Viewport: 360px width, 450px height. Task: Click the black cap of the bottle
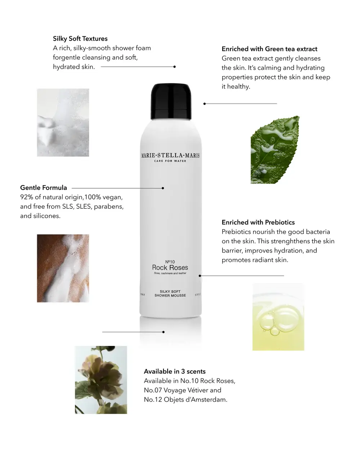pos(170,97)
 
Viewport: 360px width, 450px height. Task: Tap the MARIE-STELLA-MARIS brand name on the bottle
pos(170,156)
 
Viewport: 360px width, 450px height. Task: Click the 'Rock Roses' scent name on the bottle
pos(170,268)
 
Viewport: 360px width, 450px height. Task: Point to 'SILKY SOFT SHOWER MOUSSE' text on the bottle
pos(170,293)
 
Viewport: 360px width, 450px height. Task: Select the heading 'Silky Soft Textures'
pos(80,39)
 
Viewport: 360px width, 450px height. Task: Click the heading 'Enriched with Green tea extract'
pos(269,49)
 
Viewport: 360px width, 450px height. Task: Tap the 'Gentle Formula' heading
pos(44,188)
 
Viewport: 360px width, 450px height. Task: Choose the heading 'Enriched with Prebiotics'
pos(258,222)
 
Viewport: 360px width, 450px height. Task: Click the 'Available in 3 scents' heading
pos(175,371)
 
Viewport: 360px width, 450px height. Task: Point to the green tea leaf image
pos(275,150)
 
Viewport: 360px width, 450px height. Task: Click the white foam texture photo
pos(63,122)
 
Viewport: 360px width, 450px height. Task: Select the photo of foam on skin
pos(63,268)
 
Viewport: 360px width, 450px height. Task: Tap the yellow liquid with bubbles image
pos(278,317)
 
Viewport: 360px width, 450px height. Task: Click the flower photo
pos(101,380)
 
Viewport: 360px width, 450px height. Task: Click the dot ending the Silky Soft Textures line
pos(175,67)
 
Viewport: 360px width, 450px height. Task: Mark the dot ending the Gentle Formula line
pos(163,188)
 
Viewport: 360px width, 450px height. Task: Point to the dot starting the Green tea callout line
pos(204,104)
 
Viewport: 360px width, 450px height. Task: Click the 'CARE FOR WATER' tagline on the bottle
pos(170,161)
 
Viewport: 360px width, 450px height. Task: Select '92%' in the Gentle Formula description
pos(27,197)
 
